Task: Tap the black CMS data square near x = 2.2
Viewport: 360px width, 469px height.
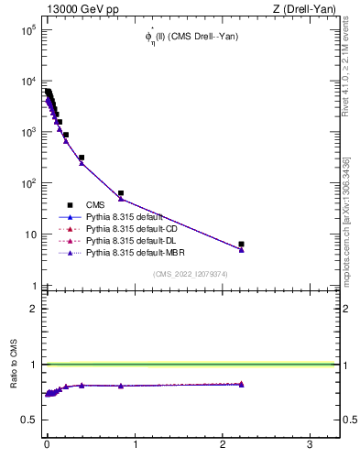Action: tap(241, 245)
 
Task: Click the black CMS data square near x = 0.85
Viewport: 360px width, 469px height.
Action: tap(121, 193)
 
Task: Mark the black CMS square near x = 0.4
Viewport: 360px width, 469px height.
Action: tap(82, 158)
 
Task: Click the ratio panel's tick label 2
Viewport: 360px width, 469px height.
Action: tap(31, 309)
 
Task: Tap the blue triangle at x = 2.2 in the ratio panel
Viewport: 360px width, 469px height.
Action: tap(241, 385)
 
